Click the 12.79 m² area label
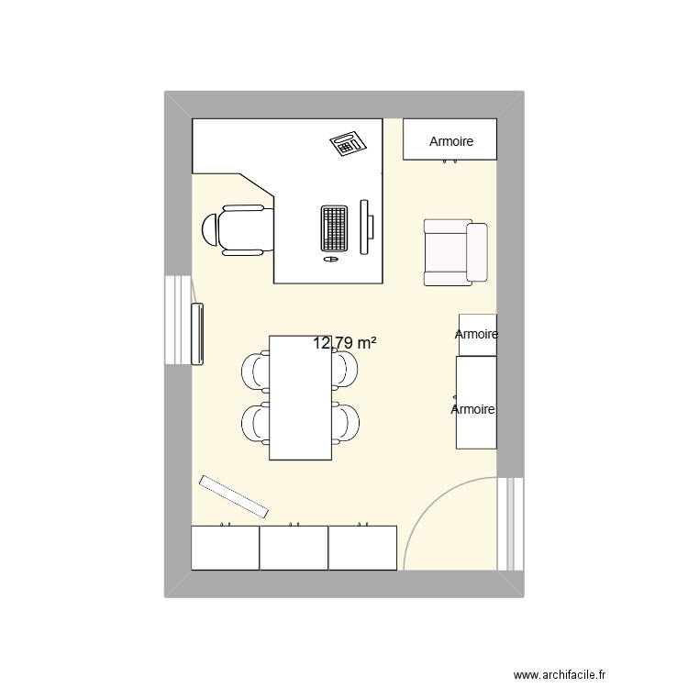(345, 344)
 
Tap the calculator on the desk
(348, 143)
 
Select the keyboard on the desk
(335, 228)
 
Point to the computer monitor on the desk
(366, 227)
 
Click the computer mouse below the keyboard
(331, 260)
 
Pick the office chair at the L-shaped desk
(239, 228)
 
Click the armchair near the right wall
(455, 251)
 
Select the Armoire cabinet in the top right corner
(450, 139)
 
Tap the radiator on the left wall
(196, 334)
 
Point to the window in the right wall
(510, 524)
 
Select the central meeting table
(300, 397)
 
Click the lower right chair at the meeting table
(345, 422)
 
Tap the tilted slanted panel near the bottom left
(234, 496)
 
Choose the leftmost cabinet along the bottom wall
(225, 548)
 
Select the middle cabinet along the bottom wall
(294, 548)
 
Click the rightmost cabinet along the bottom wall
(362, 548)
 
